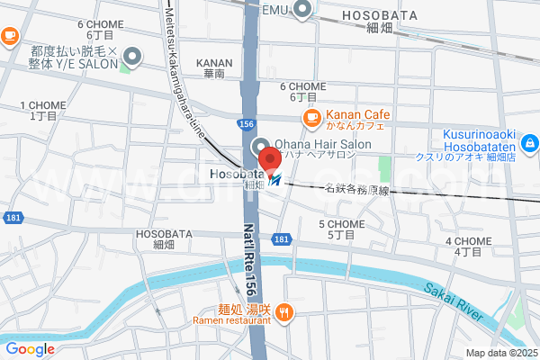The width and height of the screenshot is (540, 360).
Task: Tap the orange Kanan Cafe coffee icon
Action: pos(311,117)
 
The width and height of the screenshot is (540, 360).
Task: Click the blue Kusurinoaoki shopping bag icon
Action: pos(530,142)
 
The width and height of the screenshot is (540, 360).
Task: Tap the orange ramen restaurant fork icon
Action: pos(284,313)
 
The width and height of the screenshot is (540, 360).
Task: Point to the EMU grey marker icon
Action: pos(301,10)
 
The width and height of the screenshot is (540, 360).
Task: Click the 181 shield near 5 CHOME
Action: pos(282,238)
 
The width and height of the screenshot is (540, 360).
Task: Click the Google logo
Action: pos(30,349)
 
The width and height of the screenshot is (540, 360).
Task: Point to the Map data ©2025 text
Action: pos(499,353)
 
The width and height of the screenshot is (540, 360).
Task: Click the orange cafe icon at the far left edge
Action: pos(9,36)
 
